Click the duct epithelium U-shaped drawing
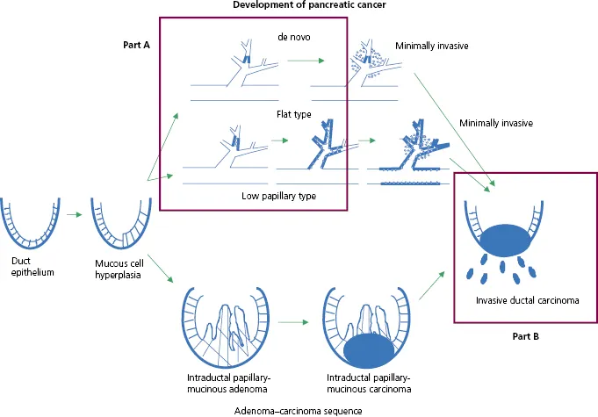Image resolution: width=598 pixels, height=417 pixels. [x=32, y=224]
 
